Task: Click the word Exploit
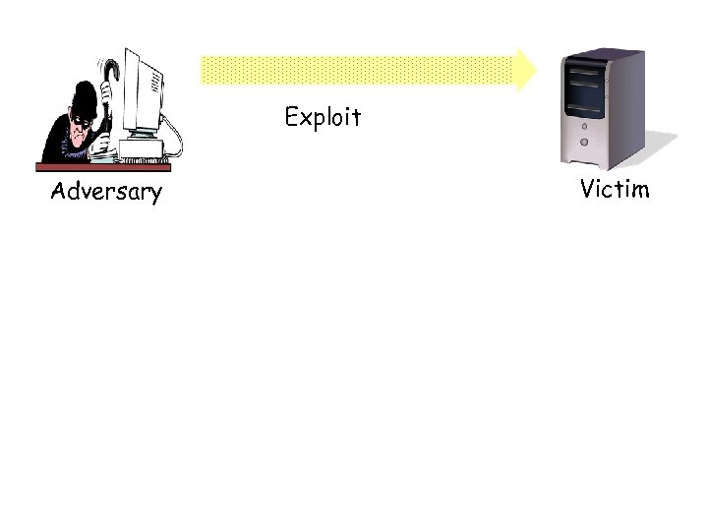coord(323,118)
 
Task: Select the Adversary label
coord(105,191)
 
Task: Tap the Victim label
coord(615,188)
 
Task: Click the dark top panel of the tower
coord(602,56)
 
